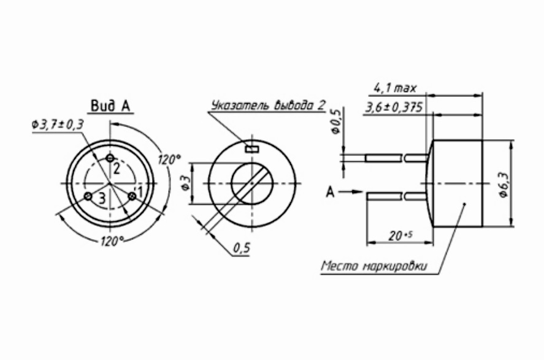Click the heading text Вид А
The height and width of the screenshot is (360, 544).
coord(110,106)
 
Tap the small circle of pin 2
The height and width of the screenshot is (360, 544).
coord(110,159)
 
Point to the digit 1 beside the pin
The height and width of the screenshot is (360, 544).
coord(140,192)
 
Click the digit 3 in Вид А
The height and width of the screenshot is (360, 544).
coord(102,197)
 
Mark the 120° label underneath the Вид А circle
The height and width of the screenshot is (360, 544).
coord(111,239)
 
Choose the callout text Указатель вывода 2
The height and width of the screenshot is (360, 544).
coord(267,105)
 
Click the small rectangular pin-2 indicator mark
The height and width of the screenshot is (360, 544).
coord(252,148)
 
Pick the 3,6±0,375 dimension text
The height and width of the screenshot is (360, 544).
coord(393,107)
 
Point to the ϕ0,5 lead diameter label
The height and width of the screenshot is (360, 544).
coord(335,121)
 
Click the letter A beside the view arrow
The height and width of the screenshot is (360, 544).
coord(330,193)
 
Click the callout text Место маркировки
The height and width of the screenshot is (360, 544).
coord(374,267)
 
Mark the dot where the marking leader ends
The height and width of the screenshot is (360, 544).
coord(465,204)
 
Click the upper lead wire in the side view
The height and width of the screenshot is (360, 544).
coord(396,158)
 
